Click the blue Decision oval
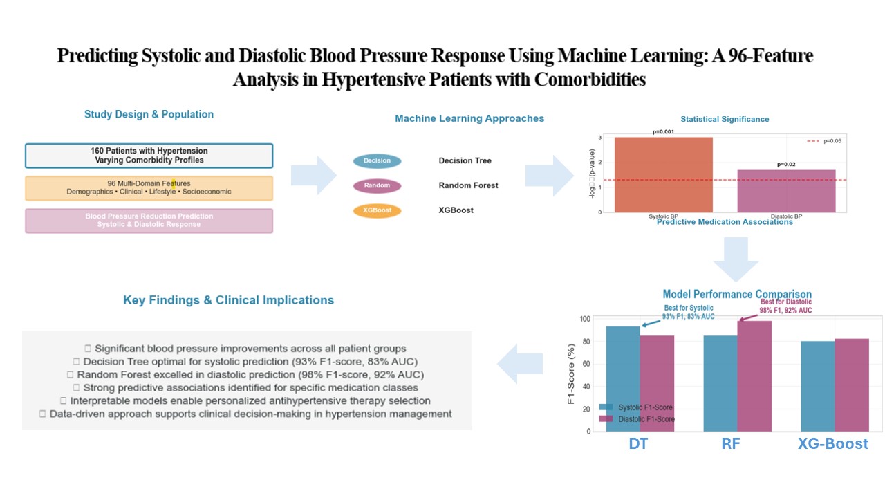[x=377, y=161]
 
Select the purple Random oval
[x=377, y=185]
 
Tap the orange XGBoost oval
[x=377, y=210]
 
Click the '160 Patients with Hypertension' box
[x=149, y=156]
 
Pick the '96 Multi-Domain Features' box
[x=149, y=187]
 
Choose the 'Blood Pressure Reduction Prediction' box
[x=149, y=220]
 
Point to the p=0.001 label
[x=663, y=131]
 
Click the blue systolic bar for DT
[x=623, y=378]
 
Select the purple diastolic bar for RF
[x=754, y=376]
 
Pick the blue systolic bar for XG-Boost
[x=818, y=386]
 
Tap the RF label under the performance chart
[x=731, y=443]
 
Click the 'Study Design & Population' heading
[x=149, y=115]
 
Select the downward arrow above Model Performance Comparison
[x=736, y=261]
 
